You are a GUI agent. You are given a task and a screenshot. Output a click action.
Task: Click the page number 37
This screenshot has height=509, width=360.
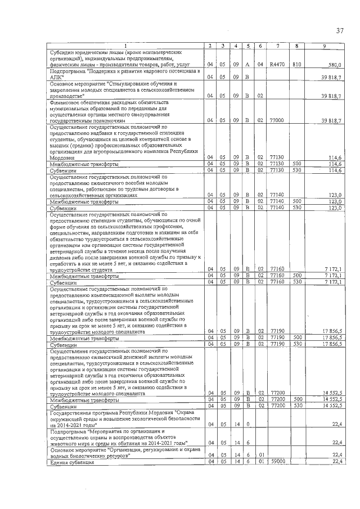[x=339, y=30]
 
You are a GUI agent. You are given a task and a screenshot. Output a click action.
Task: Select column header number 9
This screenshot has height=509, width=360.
[x=324, y=45]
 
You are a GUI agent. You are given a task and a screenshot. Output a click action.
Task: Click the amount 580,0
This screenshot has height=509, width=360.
[x=336, y=65]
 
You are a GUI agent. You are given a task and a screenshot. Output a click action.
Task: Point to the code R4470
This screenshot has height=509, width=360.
[x=277, y=65]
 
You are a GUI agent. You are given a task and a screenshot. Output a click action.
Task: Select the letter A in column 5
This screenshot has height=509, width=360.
[x=247, y=65]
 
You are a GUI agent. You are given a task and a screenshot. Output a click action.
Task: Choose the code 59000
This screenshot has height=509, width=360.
[x=277, y=461]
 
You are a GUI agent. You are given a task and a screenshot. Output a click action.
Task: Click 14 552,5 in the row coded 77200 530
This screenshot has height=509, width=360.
[x=332, y=405]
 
